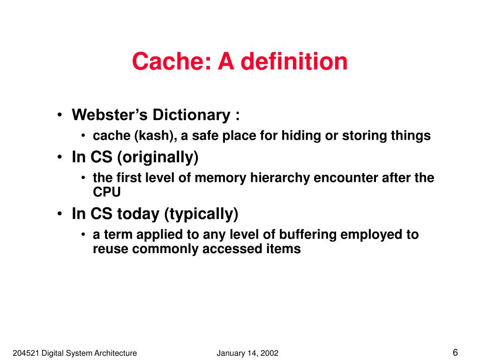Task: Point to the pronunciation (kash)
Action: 157,136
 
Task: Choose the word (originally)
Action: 158,157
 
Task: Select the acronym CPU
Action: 107,192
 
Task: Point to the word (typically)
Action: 201,214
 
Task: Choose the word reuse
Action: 111,249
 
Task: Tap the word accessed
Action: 230,249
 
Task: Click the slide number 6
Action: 455,352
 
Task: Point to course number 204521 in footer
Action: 26,353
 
